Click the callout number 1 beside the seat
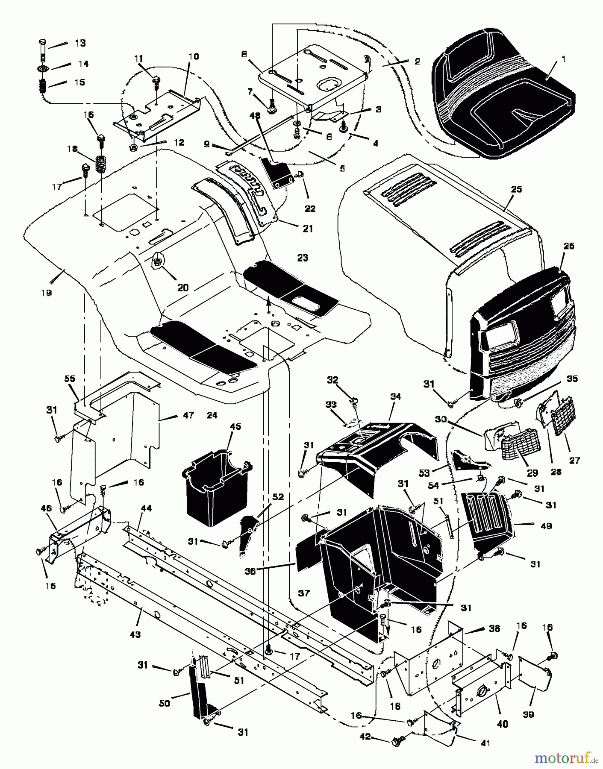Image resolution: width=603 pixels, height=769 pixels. (563, 59)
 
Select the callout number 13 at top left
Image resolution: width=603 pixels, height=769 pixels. (80, 43)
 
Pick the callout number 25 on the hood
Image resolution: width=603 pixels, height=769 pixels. (516, 189)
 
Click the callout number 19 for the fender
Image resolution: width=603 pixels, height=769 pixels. (46, 293)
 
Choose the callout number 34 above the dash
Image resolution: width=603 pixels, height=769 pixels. (395, 397)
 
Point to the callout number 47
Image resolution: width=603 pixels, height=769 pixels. (188, 415)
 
